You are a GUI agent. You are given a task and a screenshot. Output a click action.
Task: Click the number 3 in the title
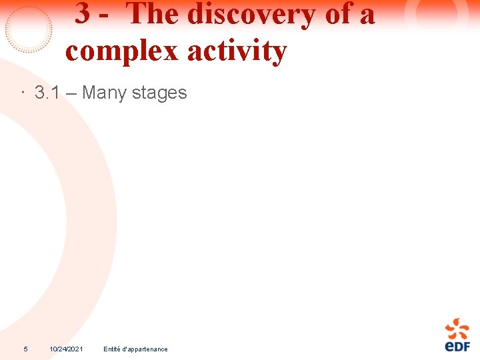tap(83, 14)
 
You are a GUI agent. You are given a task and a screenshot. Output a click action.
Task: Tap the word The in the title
tap(152, 14)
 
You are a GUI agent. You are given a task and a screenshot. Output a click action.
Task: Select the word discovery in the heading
tap(251, 14)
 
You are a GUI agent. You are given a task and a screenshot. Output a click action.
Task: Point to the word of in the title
tap(339, 14)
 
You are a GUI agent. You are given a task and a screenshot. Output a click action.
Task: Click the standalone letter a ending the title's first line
tap(367, 16)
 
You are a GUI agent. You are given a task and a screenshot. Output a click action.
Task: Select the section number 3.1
tap(48, 93)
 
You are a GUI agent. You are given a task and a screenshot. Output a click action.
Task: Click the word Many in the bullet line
tap(104, 93)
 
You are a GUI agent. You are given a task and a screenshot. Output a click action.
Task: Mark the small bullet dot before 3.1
tap(22, 93)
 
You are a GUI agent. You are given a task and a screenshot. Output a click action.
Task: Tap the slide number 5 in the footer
tap(25, 349)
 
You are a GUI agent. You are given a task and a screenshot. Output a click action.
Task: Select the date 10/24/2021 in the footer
tap(66, 349)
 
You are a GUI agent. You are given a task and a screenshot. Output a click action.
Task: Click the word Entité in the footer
tap(111, 349)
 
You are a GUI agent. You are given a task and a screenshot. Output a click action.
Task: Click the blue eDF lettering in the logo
tap(457, 346)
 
